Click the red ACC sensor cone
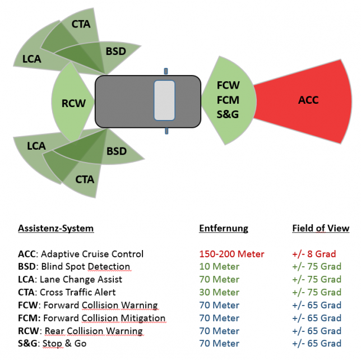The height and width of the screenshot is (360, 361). click(308, 100)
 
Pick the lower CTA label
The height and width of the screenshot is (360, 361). click(85, 179)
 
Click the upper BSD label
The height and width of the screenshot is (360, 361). click(115, 52)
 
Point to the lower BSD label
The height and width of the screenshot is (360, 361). click(117, 151)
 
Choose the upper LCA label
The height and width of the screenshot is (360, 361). click(31, 58)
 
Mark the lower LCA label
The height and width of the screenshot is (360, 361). click(36, 146)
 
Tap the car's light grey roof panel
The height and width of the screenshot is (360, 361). click(165, 100)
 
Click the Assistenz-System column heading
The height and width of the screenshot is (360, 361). click(55, 228)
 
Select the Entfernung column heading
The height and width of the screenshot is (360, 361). click(224, 228)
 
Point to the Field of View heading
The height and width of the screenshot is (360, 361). click(321, 228)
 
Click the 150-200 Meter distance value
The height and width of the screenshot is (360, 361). click(232, 254)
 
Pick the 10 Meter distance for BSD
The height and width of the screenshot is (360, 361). click(219, 267)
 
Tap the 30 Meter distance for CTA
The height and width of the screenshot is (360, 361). click(219, 292)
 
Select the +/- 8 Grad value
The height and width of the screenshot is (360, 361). click(314, 254)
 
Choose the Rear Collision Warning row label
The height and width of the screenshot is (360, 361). click(80, 331)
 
